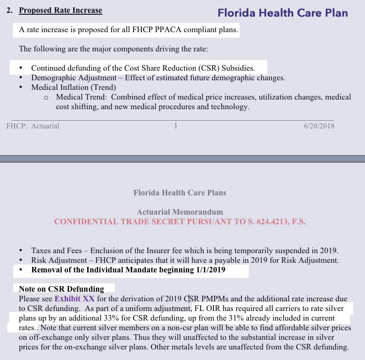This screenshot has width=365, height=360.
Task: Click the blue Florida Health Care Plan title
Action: [282, 13]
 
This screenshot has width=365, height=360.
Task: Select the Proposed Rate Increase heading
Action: [60, 10]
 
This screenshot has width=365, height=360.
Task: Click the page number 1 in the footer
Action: [175, 126]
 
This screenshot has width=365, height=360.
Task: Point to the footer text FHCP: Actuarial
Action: [33, 126]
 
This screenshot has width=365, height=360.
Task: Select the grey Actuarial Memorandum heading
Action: [180, 212]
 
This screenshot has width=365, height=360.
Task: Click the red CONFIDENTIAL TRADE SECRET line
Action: [180, 222]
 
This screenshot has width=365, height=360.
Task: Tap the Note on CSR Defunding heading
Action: [62, 289]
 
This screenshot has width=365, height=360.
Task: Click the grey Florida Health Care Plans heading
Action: [180, 193]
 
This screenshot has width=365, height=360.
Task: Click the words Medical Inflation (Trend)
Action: [73, 87]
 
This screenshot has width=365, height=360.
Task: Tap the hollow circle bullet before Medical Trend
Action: [46, 98]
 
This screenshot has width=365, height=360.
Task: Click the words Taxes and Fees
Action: [56, 251]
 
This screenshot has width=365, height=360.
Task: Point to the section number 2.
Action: [10, 10]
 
